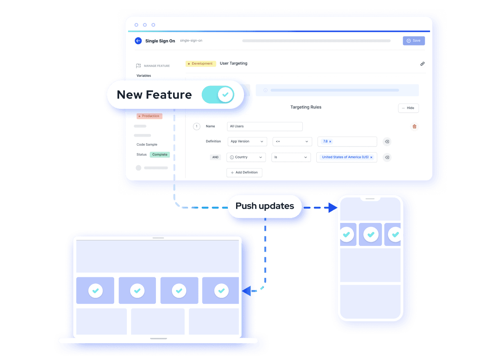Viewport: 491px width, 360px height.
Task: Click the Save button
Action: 414,41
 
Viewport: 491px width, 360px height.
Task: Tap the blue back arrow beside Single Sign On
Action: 138,41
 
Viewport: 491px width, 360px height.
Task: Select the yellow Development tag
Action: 200,63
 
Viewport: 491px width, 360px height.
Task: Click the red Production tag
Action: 149,116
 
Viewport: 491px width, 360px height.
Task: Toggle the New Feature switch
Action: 218,94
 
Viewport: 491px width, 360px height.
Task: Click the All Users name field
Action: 265,126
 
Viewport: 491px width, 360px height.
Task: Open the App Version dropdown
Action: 247,142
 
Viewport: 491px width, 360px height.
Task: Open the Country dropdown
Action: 246,157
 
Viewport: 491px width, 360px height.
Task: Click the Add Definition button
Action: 244,173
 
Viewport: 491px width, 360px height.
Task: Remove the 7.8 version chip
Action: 330,142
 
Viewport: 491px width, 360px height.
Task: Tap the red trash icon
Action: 414,126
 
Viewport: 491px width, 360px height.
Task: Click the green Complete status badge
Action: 160,155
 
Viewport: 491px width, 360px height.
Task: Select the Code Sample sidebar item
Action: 147,144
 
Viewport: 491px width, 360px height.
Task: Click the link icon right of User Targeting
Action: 422,64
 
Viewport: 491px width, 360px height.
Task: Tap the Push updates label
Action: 265,206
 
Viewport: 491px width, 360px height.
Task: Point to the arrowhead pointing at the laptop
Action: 246,291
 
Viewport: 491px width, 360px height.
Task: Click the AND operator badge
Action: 215,157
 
